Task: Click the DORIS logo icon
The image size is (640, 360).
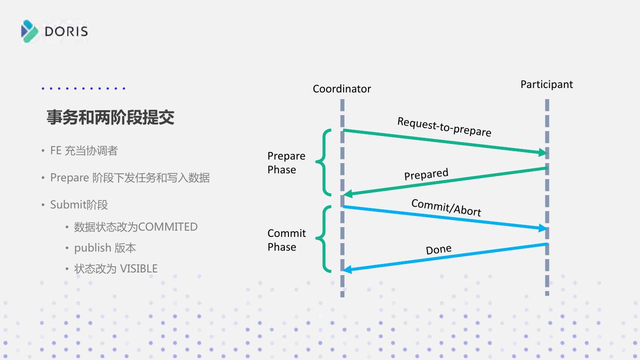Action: coord(30,31)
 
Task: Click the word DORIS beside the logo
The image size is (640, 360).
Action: coord(67,32)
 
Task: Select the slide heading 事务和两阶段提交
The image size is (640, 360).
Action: coord(110,117)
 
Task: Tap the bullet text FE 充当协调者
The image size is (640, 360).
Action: coord(84,151)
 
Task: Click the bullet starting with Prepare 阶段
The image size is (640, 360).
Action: coord(130,178)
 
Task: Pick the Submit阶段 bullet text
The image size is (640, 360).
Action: coord(79,205)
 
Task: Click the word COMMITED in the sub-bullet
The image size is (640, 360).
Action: coord(168,227)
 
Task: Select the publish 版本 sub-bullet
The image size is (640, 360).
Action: coord(105,248)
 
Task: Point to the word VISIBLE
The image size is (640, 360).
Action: coord(139,269)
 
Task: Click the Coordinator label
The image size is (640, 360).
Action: coord(342,89)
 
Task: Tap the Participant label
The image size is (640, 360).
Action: coord(547,84)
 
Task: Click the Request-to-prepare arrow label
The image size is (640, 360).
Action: coord(444,127)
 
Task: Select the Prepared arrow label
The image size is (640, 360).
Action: coord(426,175)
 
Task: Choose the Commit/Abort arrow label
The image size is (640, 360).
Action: coord(446,207)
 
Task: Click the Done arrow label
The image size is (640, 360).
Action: coord(439,250)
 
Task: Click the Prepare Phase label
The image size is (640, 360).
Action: coord(286,163)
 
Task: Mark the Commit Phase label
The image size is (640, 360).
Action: coord(287,240)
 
